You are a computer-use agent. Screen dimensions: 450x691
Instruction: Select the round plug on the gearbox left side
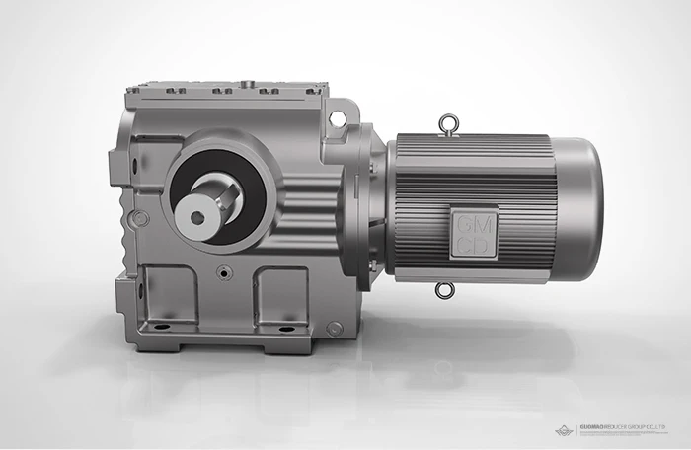[141, 218]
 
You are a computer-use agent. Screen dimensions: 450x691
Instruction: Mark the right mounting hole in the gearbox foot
[285, 328]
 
